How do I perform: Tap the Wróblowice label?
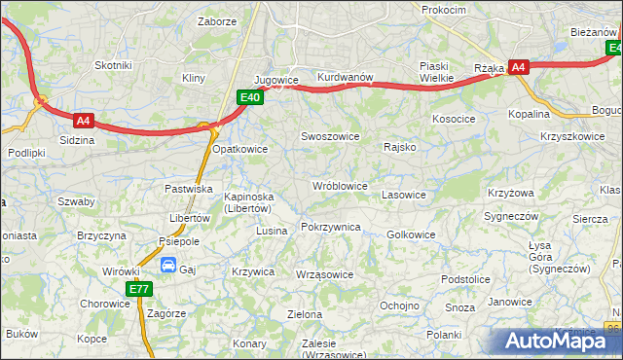(x=339, y=185)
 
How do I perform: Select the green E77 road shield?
(x=138, y=289)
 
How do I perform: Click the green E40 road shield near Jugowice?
(x=249, y=96)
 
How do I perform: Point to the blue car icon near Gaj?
(x=167, y=265)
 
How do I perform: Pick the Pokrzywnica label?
(x=331, y=227)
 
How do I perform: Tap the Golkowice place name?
(x=411, y=234)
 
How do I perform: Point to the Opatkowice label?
(x=240, y=149)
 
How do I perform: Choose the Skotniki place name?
(x=113, y=65)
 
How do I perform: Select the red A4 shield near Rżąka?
(x=519, y=67)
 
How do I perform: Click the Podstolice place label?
(x=464, y=279)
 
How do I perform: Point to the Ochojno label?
(x=399, y=305)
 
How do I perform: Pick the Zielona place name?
(x=305, y=314)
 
